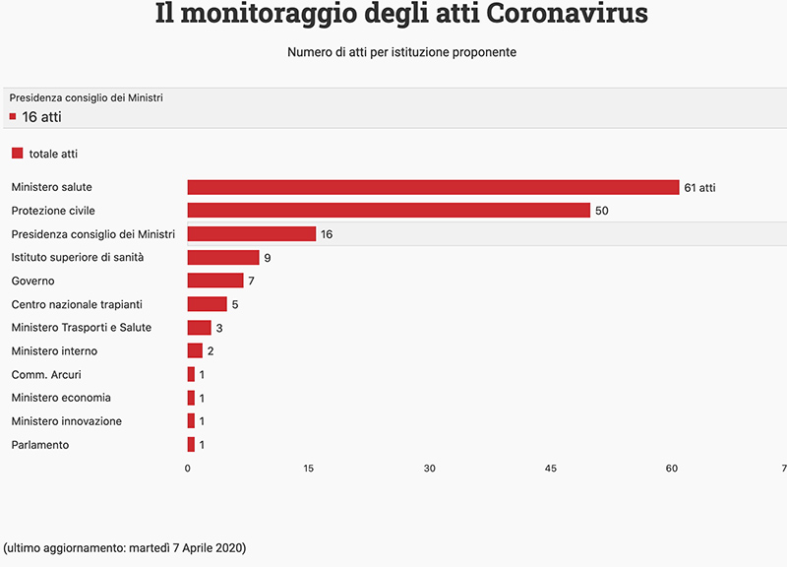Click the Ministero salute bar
433,187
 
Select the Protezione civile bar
389,211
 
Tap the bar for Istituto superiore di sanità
223,258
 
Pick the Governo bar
215,281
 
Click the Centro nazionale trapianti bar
208,304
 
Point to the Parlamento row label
40,445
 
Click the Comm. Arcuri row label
46,375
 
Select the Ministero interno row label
54,351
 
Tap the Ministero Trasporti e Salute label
81,328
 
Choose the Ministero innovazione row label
67,421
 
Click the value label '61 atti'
699,187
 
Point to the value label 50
602,211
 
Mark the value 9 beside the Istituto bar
268,258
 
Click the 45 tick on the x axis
551,468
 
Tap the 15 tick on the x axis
309,468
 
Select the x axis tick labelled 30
430,468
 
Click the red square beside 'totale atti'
17,154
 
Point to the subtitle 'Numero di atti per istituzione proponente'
401,52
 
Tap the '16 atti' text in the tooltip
42,117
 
